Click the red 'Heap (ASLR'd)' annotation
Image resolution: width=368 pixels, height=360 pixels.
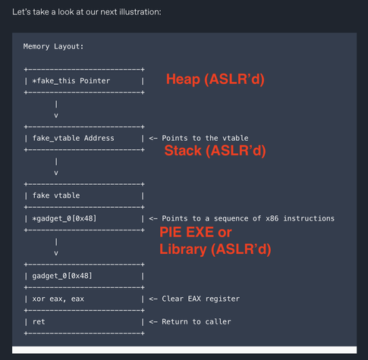(215, 79)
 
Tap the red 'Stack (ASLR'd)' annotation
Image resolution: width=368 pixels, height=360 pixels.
(215, 151)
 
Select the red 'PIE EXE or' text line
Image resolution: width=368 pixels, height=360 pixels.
(196, 232)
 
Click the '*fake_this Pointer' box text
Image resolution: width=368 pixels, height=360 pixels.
(71, 81)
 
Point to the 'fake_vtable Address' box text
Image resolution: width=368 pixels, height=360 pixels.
(74, 138)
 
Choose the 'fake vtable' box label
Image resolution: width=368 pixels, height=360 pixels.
(56, 196)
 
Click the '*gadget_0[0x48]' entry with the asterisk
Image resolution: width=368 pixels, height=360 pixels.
(64, 218)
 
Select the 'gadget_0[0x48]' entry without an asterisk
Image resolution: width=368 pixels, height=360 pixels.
(62, 276)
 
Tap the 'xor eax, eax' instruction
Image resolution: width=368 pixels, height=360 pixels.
(58, 299)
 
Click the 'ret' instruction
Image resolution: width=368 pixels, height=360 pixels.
(39, 322)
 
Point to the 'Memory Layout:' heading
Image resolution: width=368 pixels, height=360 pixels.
(53, 46)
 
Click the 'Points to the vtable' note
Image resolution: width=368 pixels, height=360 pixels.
(205, 138)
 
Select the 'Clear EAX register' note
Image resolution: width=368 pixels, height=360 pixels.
(201, 299)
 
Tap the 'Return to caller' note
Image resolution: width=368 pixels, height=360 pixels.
(197, 322)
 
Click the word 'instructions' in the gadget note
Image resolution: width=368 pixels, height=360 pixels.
(309, 218)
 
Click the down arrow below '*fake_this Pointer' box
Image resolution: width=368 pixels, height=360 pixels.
(56, 109)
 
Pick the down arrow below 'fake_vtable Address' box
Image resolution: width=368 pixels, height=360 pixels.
(56, 167)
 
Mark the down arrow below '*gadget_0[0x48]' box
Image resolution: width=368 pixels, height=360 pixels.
(56, 247)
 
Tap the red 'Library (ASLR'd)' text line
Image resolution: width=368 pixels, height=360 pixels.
(215, 249)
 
